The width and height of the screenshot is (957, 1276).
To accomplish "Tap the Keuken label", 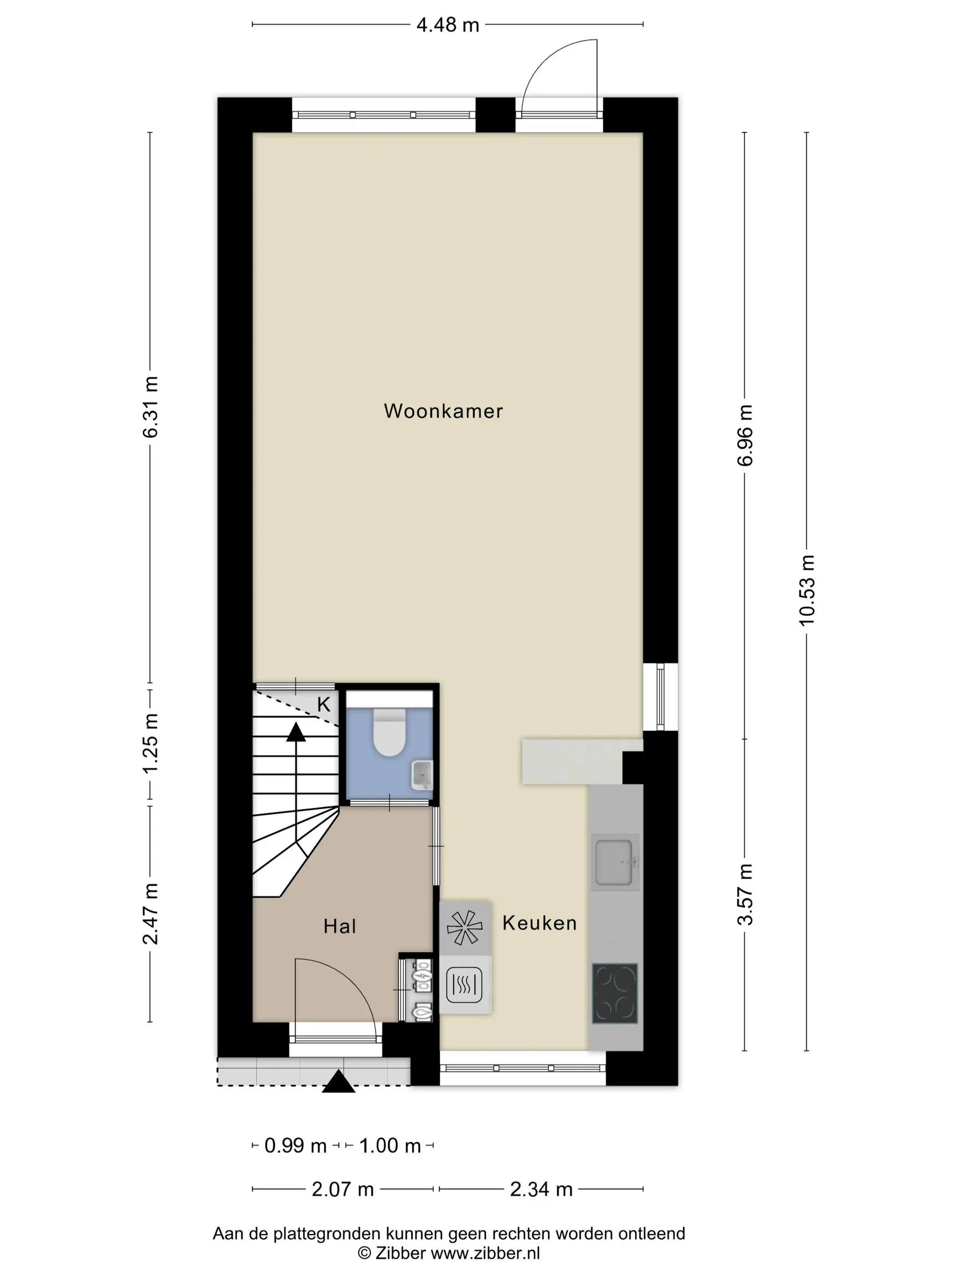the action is pos(540,923).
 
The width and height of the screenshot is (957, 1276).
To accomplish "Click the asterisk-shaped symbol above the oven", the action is pos(464,927).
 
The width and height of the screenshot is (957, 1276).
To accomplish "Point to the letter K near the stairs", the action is pos(324,705).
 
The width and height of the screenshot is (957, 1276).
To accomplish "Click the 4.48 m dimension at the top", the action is pos(448,25).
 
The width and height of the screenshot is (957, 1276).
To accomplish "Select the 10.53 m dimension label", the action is pos(807,590).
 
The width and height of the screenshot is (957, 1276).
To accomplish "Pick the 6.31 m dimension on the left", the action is pos(150,406).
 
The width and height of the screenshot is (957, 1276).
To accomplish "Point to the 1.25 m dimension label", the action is pos(150,744).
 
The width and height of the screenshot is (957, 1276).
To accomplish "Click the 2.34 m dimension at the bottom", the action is pos(541,1189).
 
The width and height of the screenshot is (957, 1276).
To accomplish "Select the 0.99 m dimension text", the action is pos(295,1146).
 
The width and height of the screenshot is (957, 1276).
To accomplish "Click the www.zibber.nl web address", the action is pos(486,1252).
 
